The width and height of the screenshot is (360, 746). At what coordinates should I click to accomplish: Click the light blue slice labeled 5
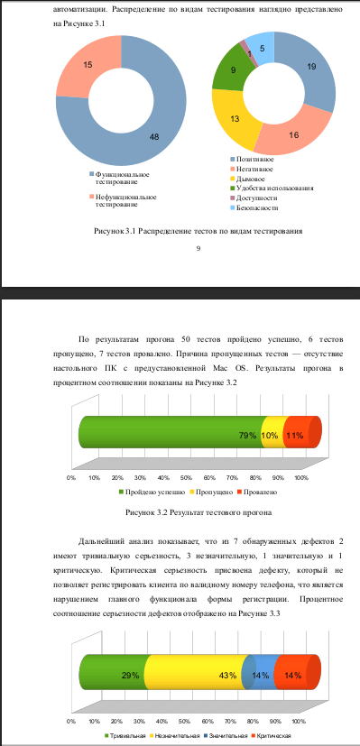[262, 50]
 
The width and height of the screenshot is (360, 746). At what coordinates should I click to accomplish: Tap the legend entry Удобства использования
[271, 188]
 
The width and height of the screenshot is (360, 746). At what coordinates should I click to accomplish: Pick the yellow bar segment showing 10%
[272, 435]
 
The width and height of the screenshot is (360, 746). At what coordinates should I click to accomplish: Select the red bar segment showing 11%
[296, 435]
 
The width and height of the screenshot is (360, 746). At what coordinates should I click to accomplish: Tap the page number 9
[197, 248]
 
